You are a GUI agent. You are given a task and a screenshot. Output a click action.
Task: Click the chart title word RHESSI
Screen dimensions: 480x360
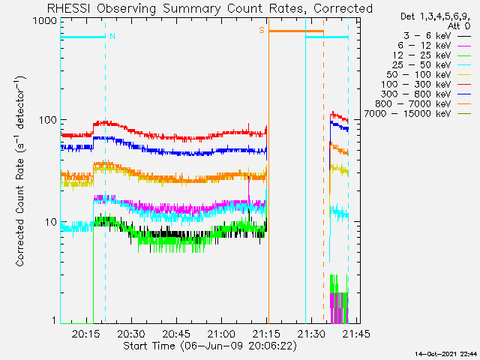[x=68, y=8]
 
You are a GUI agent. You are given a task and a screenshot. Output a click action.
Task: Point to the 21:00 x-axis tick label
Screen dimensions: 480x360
[x=221, y=333]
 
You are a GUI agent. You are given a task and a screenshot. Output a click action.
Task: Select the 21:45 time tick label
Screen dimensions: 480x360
[x=356, y=333]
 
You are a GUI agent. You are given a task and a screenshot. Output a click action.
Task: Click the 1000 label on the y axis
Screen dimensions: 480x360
[x=45, y=21]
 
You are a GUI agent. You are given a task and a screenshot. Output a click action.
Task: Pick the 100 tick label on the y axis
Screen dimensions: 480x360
[x=48, y=120]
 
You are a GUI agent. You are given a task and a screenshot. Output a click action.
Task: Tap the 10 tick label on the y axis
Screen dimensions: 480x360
[x=51, y=222]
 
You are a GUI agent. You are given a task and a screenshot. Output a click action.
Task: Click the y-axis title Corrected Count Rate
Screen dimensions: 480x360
[x=20, y=212]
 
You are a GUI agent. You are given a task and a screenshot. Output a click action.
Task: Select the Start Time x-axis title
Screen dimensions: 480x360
[x=149, y=346]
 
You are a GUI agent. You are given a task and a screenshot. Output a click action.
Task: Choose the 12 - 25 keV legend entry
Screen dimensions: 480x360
[x=421, y=55]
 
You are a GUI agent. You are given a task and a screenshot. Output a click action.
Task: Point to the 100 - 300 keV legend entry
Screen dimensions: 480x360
[x=416, y=85]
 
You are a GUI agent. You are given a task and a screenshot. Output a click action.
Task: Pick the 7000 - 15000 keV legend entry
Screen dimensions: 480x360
[x=407, y=114]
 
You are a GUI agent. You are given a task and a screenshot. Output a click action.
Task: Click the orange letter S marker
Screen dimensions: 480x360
[x=262, y=30]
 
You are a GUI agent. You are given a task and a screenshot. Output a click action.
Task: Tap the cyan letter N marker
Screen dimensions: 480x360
[x=112, y=36]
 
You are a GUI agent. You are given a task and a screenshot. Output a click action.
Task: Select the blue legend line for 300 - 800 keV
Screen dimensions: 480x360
[x=464, y=95]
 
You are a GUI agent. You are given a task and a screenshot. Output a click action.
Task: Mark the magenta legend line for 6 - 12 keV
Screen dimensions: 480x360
[x=464, y=46]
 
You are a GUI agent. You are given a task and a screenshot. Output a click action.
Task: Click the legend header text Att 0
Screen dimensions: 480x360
[x=459, y=26]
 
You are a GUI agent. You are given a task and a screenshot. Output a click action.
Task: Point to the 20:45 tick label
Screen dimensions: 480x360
[x=176, y=333]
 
